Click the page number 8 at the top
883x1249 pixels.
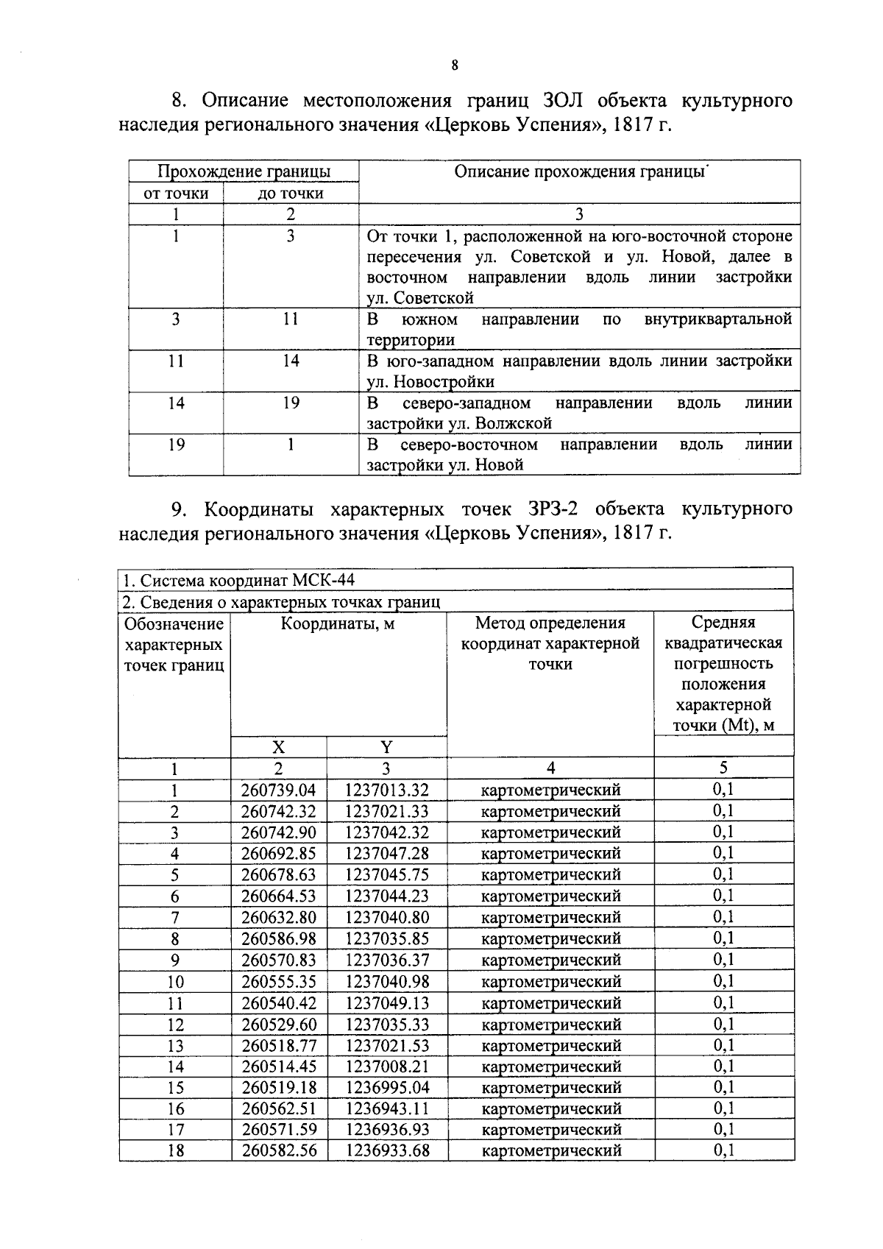pos(454,66)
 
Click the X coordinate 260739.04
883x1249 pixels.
pos(278,790)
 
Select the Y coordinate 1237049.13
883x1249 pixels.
pos(386,1003)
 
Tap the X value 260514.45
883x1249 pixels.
pos(278,1066)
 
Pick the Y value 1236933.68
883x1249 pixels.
pos(386,1150)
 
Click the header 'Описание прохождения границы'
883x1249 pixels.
pos(579,171)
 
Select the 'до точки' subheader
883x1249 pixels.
pos(291,194)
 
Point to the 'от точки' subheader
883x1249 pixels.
pos(176,194)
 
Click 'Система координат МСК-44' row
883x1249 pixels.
pos(238,580)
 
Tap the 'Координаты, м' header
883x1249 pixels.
pos(338,624)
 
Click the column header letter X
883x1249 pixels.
pos(278,748)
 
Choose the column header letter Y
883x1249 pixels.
pos(386,748)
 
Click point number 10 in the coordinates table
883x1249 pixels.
pos(175,982)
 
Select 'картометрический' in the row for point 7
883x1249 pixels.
pos(550,918)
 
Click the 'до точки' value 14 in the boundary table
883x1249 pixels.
pos(291,361)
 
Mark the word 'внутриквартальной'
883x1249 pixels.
pos(717,319)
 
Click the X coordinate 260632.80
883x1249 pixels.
pos(278,918)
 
